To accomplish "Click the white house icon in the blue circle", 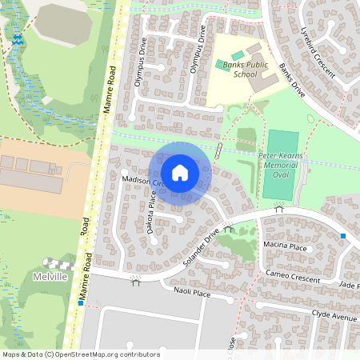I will point(180,173).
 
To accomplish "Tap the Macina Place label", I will point(284,248).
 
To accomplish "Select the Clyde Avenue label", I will point(332,316).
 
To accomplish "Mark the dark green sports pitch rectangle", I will point(281,166).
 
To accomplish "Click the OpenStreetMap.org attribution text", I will point(109,354).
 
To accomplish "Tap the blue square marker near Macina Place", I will point(343,236).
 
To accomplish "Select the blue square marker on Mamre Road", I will point(82,303).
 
